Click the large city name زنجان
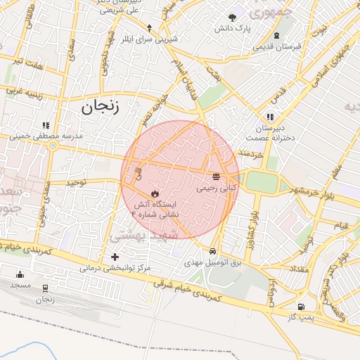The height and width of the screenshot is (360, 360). (x=101, y=108)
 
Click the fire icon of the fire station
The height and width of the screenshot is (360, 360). (x=155, y=193)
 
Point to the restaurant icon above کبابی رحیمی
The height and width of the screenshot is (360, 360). (x=216, y=176)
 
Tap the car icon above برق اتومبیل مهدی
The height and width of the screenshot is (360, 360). (x=212, y=250)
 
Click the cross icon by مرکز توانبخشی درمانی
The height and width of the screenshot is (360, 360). (x=115, y=257)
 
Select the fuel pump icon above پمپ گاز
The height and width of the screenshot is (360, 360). (x=301, y=307)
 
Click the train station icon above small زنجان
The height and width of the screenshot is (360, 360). (x=46, y=288)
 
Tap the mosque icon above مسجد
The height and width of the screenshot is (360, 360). (x=20, y=274)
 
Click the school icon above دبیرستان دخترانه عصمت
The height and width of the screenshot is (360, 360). (x=269, y=117)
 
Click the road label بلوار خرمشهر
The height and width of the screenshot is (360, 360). (x=314, y=191)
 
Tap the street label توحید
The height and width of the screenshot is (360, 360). (x=76, y=182)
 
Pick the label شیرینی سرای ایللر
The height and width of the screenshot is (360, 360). (x=150, y=39)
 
